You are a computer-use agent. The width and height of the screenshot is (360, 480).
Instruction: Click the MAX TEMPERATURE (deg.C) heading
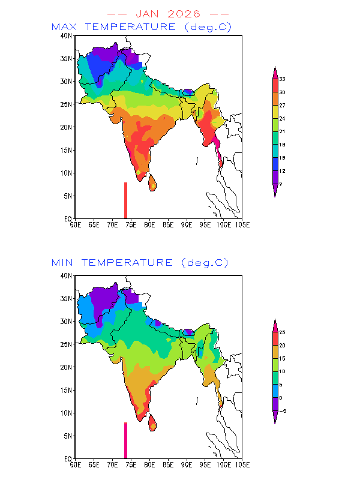[x=142, y=27]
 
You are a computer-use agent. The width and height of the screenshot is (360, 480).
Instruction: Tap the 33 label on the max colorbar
[x=281, y=79]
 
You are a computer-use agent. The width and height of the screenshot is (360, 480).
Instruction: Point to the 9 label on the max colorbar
[x=280, y=184]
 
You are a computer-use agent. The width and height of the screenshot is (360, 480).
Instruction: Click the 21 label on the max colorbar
[x=281, y=131]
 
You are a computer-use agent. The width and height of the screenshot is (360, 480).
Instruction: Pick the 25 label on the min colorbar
[x=281, y=332]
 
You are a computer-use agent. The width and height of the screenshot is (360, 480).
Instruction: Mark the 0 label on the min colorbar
[x=280, y=398]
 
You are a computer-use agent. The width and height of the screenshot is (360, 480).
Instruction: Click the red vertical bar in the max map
[x=125, y=200]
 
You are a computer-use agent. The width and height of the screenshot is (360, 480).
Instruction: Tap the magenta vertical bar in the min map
[x=125, y=440]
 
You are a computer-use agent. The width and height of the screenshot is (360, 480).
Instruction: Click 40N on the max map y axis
[x=66, y=36]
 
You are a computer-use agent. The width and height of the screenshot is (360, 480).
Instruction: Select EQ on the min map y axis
[x=68, y=459]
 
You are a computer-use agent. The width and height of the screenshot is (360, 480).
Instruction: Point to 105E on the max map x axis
[x=242, y=224]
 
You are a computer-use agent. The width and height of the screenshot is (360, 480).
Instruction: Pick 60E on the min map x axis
[x=75, y=464]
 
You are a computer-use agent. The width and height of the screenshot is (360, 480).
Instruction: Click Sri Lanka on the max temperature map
[x=152, y=182]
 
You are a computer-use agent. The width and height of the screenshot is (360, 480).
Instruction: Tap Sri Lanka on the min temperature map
[x=152, y=422]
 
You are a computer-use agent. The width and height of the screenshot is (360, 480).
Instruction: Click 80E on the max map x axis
[x=149, y=224]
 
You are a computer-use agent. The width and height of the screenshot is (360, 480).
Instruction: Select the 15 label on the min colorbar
[x=281, y=358]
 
